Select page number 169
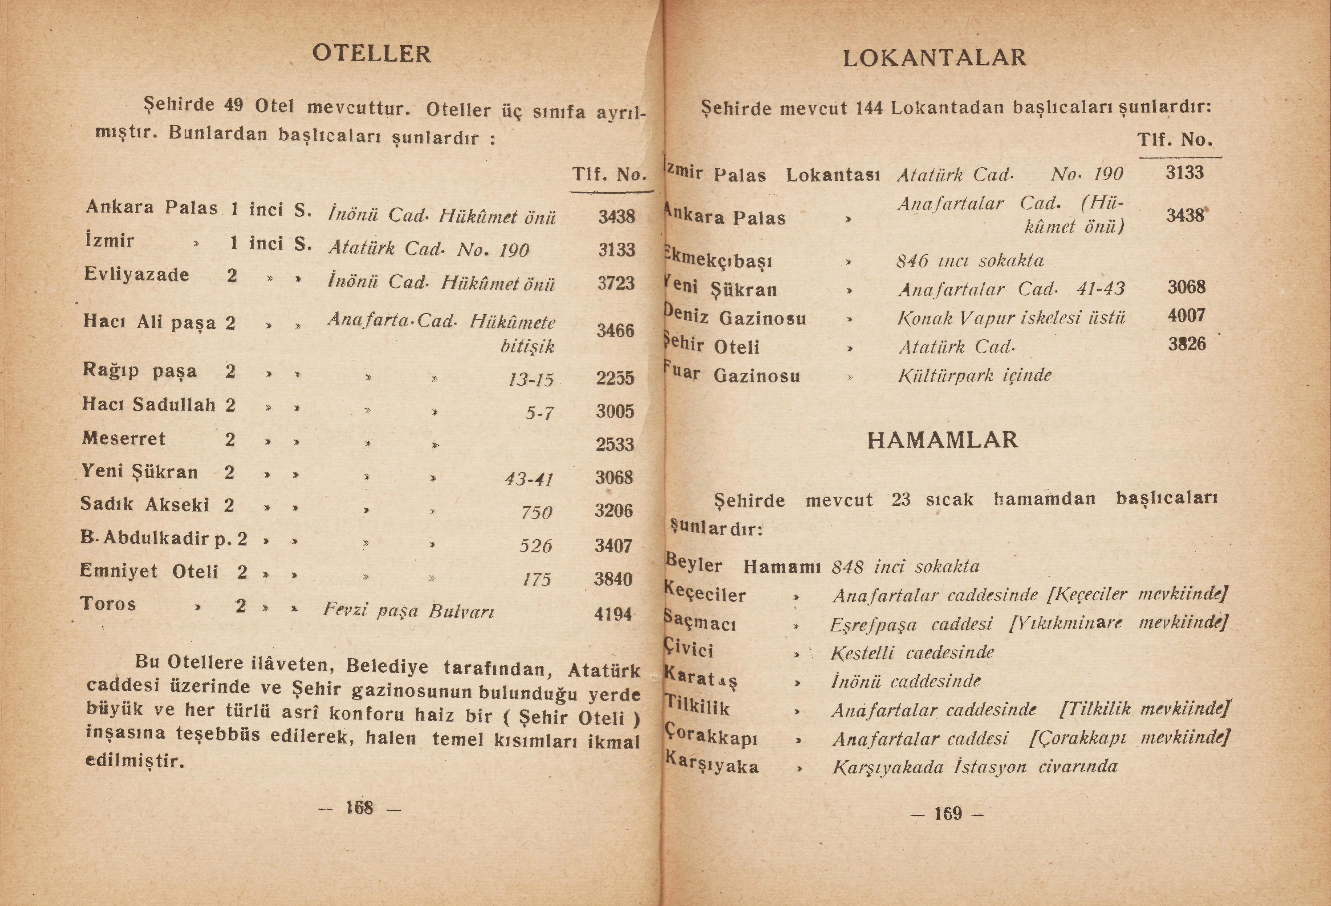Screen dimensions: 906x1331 tap(948, 813)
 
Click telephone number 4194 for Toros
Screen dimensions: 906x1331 tap(613, 614)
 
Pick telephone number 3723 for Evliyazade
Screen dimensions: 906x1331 tap(616, 283)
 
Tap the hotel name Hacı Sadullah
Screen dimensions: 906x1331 tap(149, 405)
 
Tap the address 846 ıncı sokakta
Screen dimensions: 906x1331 tap(970, 261)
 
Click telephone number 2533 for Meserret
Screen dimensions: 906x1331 tap(615, 444)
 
